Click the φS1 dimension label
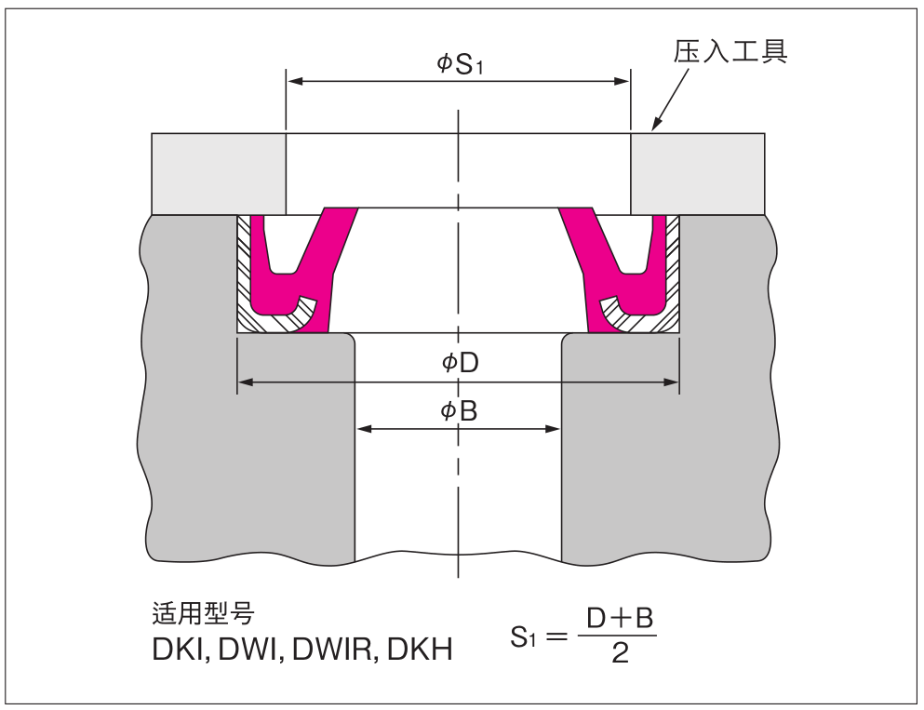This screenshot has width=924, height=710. pos(458,63)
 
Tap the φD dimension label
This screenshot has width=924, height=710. pos(459,363)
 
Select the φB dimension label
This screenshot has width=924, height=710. pos(459,410)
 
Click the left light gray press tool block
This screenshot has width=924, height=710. pos(219,173)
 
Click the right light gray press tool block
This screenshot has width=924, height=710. pos(697,173)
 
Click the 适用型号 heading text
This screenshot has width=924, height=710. pos(203,614)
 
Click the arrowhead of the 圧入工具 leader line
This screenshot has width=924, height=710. pos(655,126)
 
